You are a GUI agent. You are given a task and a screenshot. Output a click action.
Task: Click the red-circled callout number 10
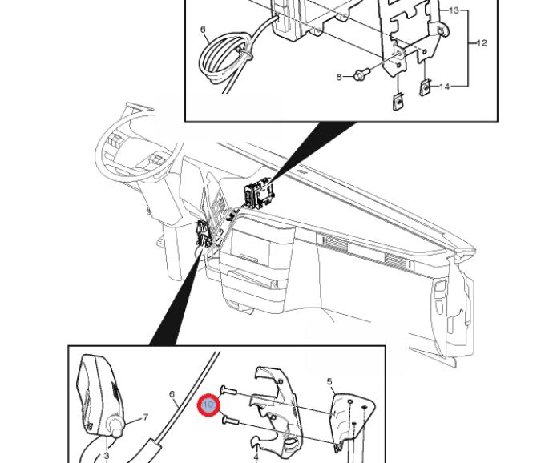coord(208,405)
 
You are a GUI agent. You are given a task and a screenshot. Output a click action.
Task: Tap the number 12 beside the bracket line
coord(482,43)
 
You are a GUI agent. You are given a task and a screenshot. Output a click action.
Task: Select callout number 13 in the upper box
coord(454,10)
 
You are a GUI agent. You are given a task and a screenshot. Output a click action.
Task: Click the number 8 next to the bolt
coord(340,77)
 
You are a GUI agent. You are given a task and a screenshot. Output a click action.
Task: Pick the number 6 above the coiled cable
coord(204,30)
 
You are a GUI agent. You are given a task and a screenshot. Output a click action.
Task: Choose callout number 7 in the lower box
coord(146,417)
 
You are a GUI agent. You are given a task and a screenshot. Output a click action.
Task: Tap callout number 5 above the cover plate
coord(329,382)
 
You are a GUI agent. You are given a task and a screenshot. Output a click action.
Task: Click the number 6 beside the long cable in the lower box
coord(172,394)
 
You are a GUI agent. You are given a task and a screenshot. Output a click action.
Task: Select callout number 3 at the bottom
coord(106,456)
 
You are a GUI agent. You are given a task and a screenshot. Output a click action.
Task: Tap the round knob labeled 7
coord(118,429)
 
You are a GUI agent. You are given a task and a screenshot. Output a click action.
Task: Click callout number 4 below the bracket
coord(256,457)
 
